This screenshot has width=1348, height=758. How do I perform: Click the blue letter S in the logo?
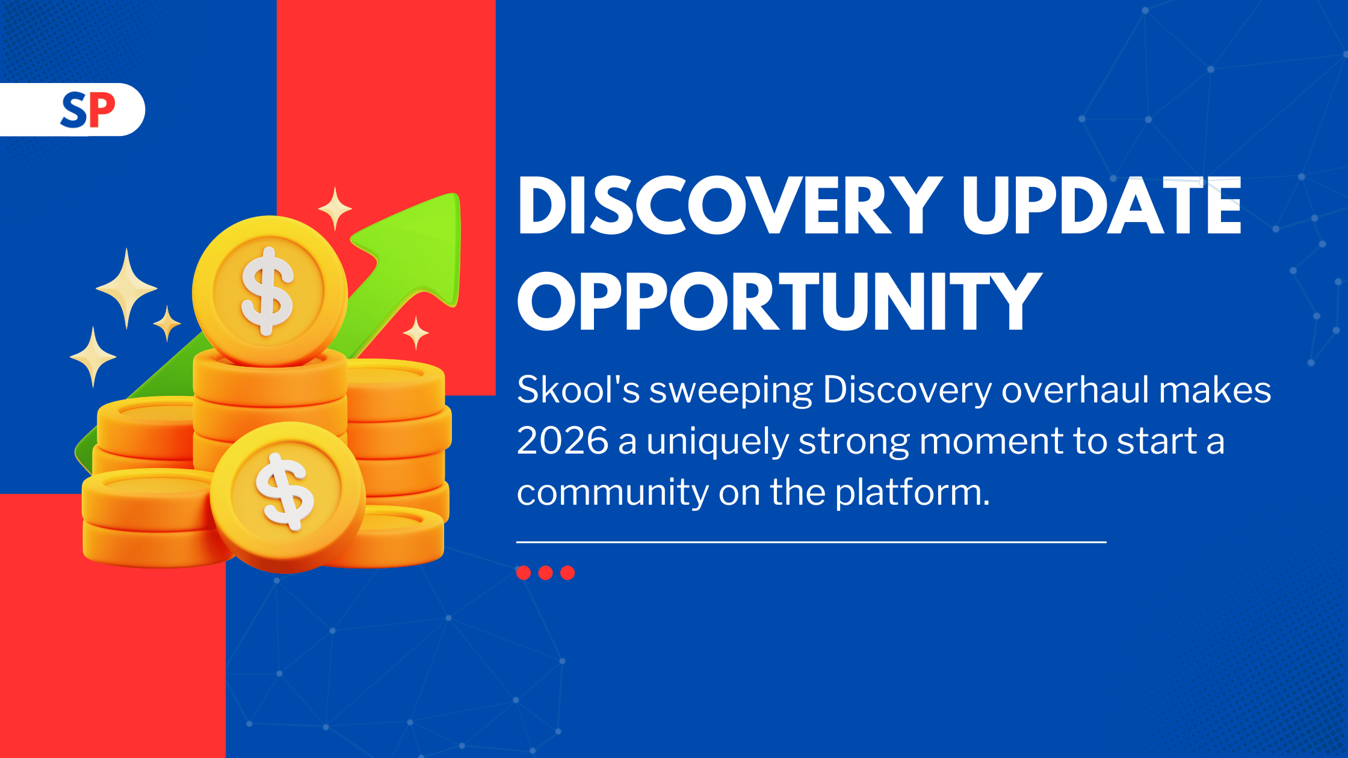[74, 110]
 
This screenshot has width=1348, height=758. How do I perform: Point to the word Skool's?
[578, 389]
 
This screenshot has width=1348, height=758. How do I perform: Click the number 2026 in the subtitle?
[563, 441]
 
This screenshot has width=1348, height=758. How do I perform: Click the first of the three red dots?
[524, 573]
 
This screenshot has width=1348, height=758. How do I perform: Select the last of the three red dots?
[567, 573]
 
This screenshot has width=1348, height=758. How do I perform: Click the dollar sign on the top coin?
[267, 291]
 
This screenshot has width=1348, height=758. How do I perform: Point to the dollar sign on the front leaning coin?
[285, 491]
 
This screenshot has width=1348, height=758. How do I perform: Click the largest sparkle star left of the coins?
[126, 289]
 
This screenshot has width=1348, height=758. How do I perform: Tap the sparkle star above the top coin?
[335, 209]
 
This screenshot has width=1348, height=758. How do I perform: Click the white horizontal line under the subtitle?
[811, 542]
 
